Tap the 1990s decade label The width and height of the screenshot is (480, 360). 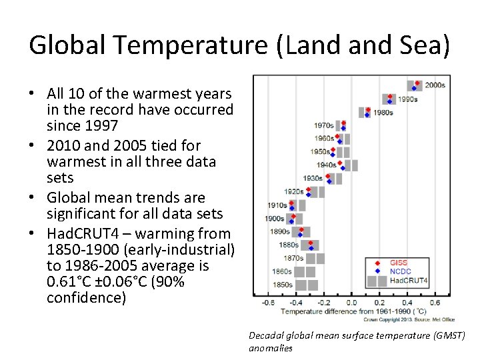pyautogui.click(x=407, y=99)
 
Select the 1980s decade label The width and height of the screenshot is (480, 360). pyautogui.click(x=383, y=113)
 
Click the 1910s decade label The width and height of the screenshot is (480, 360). pyautogui.click(x=277, y=205)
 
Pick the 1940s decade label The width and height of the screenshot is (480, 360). pyautogui.click(x=326, y=165)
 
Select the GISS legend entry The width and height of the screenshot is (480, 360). pyautogui.click(x=399, y=263)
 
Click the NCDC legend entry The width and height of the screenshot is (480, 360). pyautogui.click(x=400, y=271)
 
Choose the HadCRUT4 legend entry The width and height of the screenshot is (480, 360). pyautogui.click(x=409, y=280)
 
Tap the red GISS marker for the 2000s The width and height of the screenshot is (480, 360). pyautogui.click(x=417, y=83)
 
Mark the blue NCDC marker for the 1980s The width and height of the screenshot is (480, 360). pyautogui.click(x=367, y=115)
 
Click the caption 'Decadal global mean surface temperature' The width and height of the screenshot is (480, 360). pyautogui.click(x=357, y=335)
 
